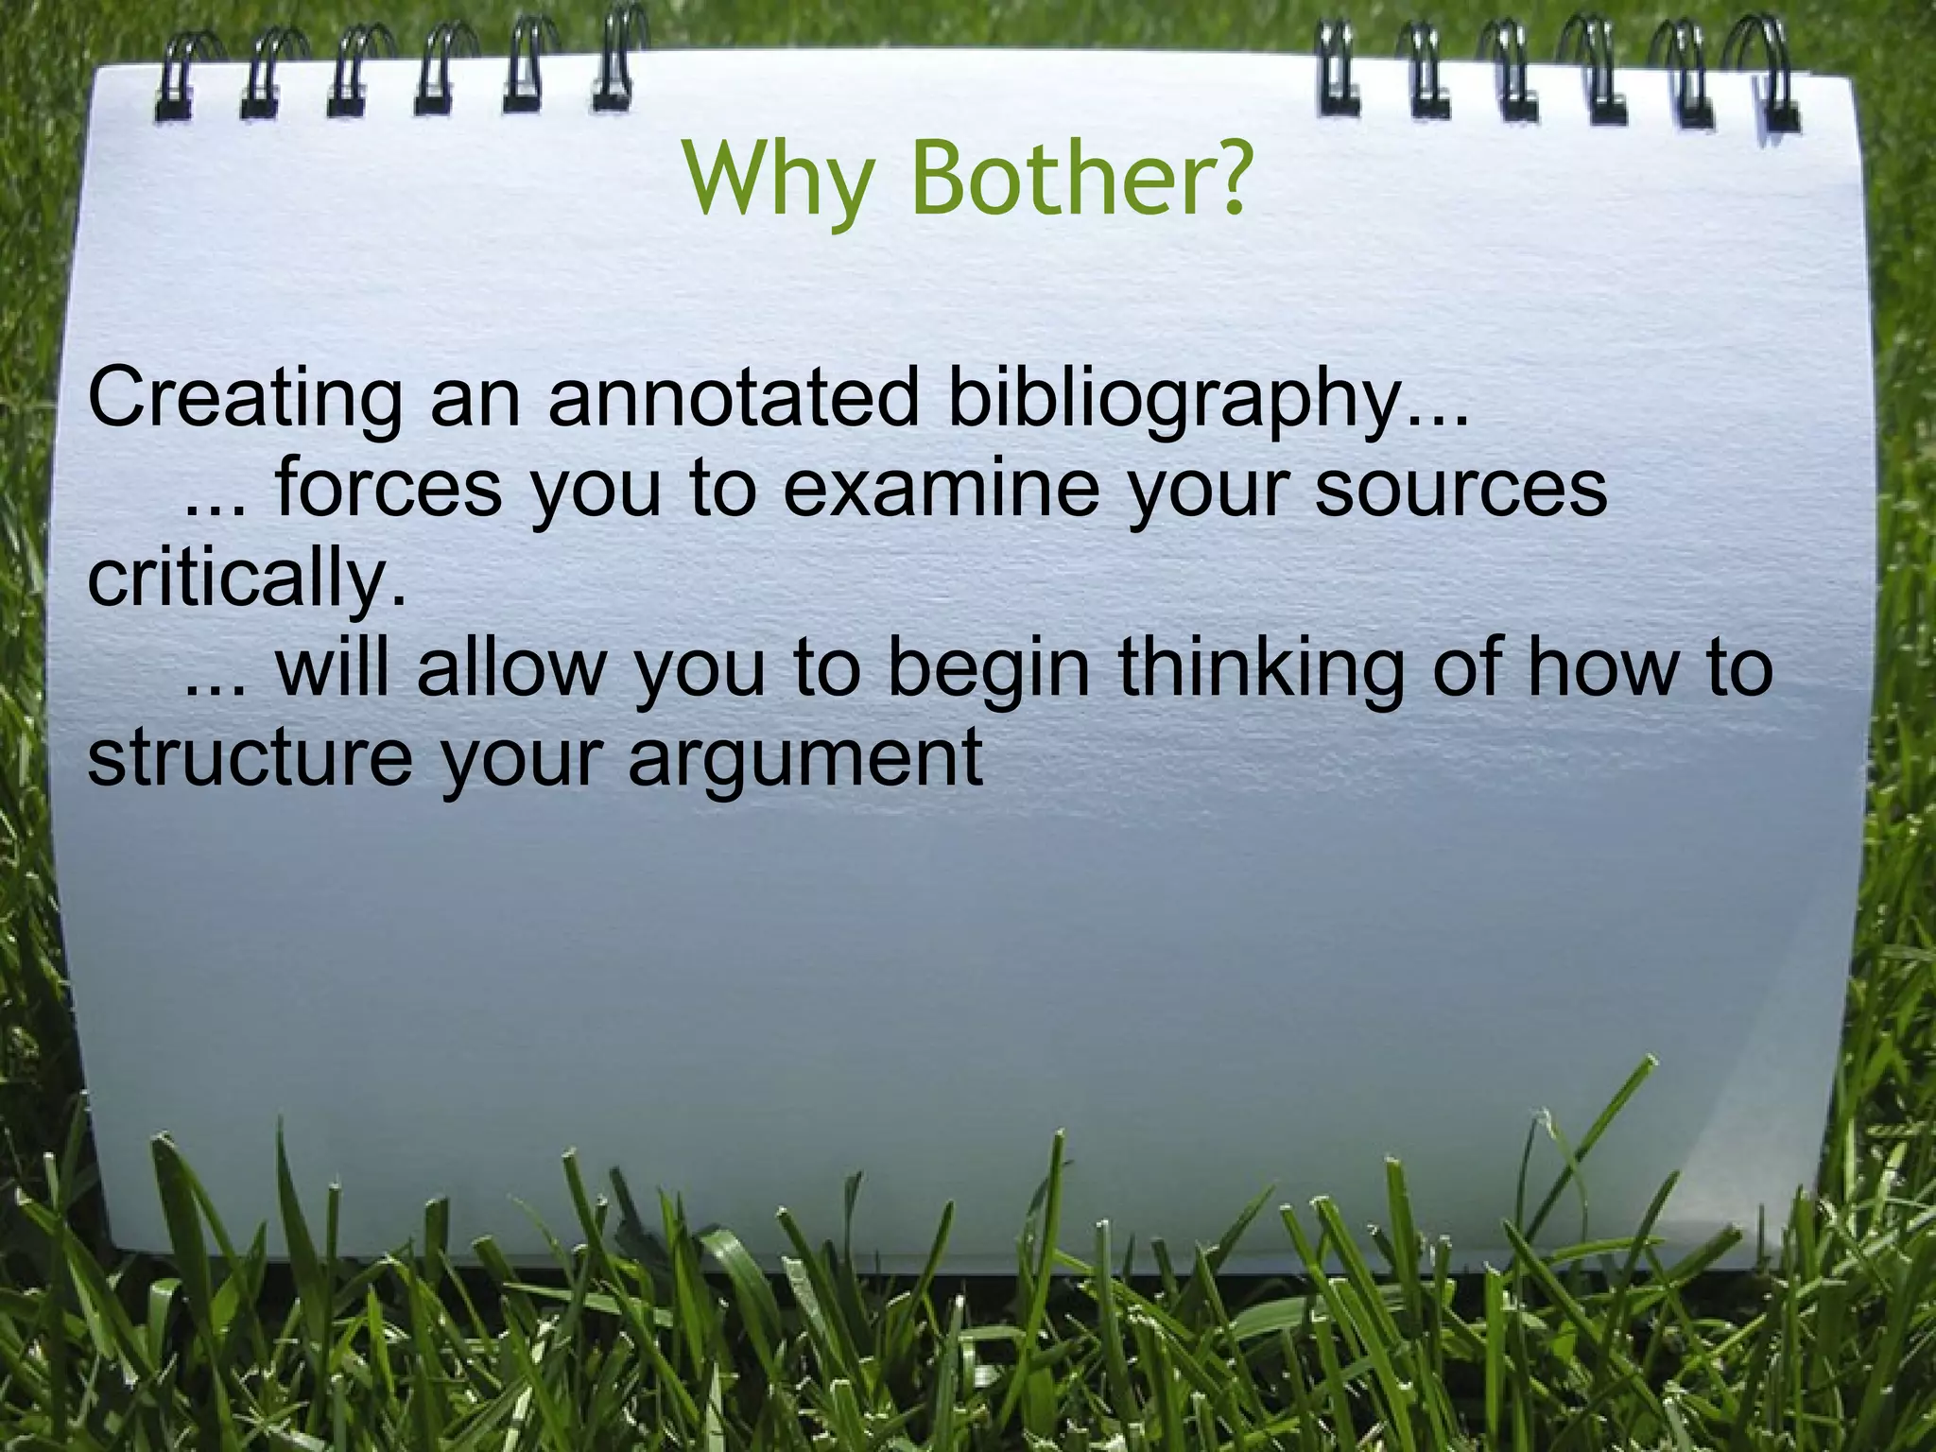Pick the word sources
point(1461,488)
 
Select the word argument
point(805,758)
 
